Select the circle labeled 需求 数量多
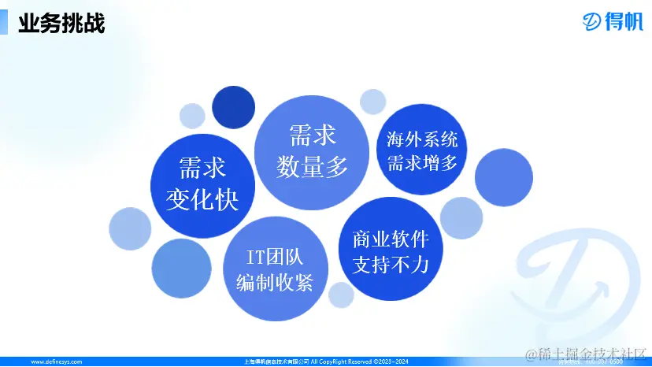(312, 150)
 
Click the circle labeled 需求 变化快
(202, 183)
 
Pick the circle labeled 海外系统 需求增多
(422, 150)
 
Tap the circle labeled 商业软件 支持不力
(390, 250)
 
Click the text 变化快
(202, 200)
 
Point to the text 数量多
(312, 167)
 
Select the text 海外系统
(422, 140)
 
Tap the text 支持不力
(390, 265)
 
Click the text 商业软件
(390, 238)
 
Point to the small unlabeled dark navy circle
(232, 106)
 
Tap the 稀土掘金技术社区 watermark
(586, 354)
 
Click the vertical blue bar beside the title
(4, 21)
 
